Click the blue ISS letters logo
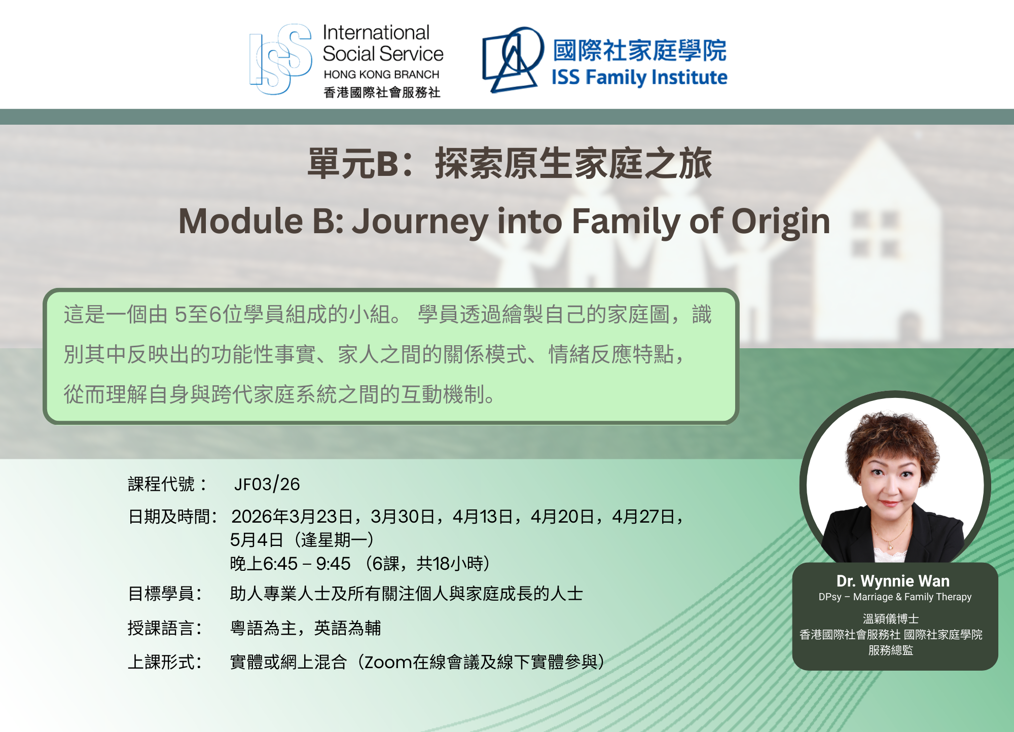point(280,59)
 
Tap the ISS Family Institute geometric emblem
point(513,59)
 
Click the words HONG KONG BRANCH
point(381,75)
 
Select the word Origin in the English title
point(781,222)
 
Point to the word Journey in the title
point(420,223)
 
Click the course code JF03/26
point(267,484)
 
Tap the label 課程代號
point(161,484)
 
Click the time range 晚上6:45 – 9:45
point(290,563)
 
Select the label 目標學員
point(161,594)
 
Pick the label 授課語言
point(161,628)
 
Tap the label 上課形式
point(161,662)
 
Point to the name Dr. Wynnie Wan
point(893,581)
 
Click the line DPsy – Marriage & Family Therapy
point(895,597)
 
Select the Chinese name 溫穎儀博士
point(891,619)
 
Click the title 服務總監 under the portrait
point(891,650)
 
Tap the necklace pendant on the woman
point(889,546)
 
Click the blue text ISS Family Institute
point(639,78)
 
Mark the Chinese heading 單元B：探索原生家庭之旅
point(510,164)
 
